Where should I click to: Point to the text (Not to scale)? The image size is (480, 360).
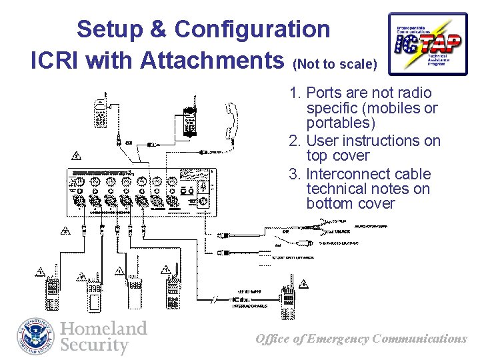(x=335, y=65)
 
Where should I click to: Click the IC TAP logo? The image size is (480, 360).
(x=427, y=44)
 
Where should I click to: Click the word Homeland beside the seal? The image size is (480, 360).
(x=103, y=329)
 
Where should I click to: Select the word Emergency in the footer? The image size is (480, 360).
(x=338, y=339)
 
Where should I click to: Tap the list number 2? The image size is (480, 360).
(x=293, y=141)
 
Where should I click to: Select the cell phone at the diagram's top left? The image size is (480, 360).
(x=101, y=111)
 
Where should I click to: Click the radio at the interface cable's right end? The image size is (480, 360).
(x=288, y=303)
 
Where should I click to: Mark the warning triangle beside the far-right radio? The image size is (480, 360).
(x=304, y=285)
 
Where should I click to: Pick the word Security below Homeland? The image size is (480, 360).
(x=94, y=345)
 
